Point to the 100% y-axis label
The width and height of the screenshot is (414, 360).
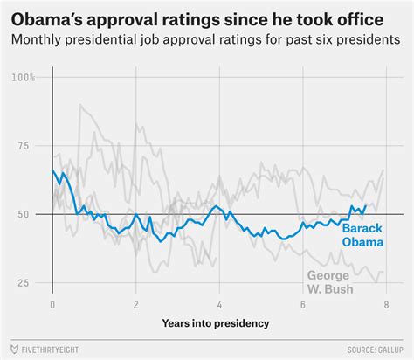coord(24,78)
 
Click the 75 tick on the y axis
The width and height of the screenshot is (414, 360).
coord(24,147)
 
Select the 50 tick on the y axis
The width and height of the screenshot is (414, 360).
coord(24,215)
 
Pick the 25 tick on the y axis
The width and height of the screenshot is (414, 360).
coord(24,283)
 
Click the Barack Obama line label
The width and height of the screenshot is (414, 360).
coord(361,234)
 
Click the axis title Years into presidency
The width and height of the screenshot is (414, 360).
coord(215,323)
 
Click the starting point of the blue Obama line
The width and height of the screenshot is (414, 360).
coord(53,170)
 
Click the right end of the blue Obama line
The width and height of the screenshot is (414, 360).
coord(365,206)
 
